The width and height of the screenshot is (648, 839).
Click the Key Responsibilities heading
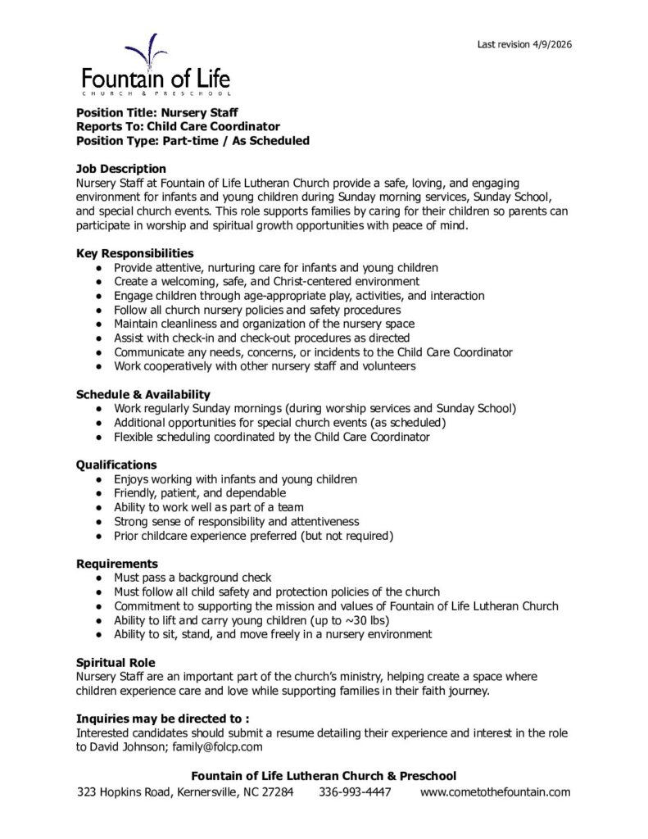[135, 253]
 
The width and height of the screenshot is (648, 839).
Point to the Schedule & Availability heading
[143, 394]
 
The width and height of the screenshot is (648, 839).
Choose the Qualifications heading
[116, 465]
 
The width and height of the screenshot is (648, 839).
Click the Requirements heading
[117, 564]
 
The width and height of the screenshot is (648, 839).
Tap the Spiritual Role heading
[116, 662]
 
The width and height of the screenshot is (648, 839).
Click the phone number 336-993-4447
[355, 792]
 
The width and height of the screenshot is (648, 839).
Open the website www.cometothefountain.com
[495, 792]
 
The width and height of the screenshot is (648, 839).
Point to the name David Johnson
[129, 747]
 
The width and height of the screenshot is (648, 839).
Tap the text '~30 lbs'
[365, 620]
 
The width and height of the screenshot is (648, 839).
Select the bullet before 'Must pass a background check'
[98, 578]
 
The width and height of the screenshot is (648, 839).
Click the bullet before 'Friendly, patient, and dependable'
[98, 493]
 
